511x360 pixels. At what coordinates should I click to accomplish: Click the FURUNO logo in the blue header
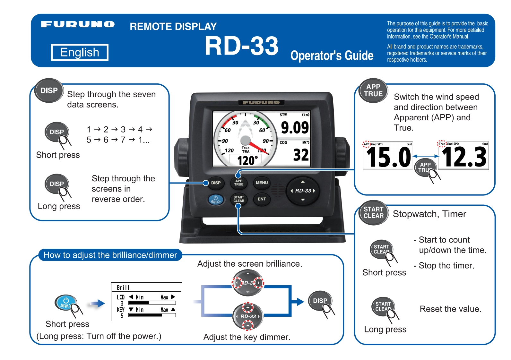coord(78,24)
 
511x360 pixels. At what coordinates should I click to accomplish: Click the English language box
coord(80,52)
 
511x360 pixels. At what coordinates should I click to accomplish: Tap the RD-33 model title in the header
coord(241,46)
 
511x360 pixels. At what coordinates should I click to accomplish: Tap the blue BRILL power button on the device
coord(216,200)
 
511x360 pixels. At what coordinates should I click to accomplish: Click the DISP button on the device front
coord(216,183)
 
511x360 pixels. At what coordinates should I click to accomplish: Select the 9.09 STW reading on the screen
coord(295,127)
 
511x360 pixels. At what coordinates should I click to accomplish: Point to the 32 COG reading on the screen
coord(301,155)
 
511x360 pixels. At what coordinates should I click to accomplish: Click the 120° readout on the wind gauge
coord(247,160)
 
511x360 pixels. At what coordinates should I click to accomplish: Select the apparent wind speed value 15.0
coord(388,158)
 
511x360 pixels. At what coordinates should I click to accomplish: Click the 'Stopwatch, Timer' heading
coord(429,214)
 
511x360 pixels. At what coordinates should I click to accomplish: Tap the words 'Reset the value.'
coord(450,309)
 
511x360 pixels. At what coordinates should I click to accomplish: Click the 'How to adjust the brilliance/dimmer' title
coord(110,255)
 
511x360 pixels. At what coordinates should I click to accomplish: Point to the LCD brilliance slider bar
coord(152,303)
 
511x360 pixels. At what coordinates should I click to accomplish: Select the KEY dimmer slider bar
coord(152,315)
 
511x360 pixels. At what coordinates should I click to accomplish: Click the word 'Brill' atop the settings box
coord(123,287)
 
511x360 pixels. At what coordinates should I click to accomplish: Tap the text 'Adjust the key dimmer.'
coord(247,337)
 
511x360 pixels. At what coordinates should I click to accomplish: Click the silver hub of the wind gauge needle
coord(245,140)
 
